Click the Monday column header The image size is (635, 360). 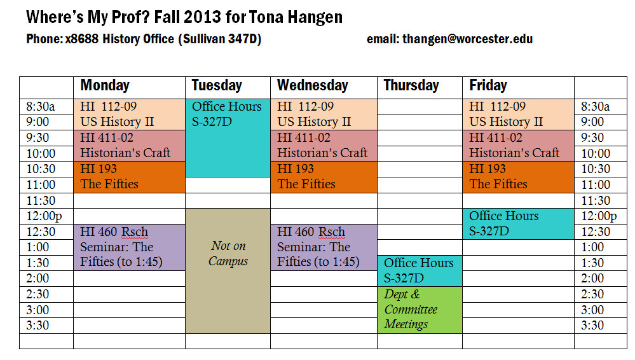pyautogui.click(x=105, y=85)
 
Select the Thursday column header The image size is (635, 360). pyautogui.click(x=411, y=85)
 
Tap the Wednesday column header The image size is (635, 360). pyautogui.click(x=313, y=85)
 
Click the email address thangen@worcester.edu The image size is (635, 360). pyautogui.click(x=467, y=39)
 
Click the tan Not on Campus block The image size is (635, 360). pyautogui.click(x=228, y=271)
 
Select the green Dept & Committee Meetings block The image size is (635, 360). pyautogui.click(x=420, y=310)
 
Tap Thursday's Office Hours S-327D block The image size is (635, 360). pyautogui.click(x=420, y=271)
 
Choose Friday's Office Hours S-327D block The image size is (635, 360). pyautogui.click(x=519, y=224)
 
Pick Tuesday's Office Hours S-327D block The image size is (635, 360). pyautogui.click(x=228, y=138)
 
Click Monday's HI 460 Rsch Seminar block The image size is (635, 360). pyautogui.click(x=129, y=247)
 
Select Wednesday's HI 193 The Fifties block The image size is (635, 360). pyautogui.click(x=324, y=177)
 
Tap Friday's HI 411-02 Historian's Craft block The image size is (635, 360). pyautogui.click(x=519, y=146)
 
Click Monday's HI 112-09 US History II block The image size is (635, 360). pyautogui.click(x=129, y=114)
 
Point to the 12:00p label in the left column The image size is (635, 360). pyautogui.click(x=44, y=216)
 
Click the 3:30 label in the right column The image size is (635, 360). pyautogui.click(x=592, y=325)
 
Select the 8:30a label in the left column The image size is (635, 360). pyautogui.click(x=41, y=107)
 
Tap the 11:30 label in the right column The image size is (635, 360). pyautogui.click(x=596, y=200)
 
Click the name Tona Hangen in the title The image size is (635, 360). pyautogui.click(x=296, y=17)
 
